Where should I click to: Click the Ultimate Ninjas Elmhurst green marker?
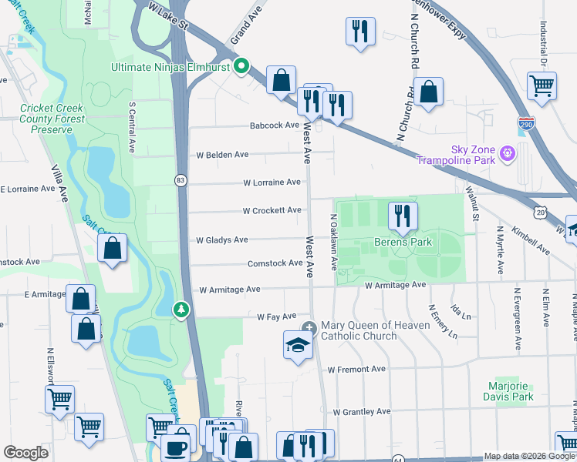pyautogui.click(x=241, y=67)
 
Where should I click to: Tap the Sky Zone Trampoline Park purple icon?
pyautogui.click(x=507, y=154)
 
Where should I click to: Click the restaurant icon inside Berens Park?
pyautogui.click(x=401, y=216)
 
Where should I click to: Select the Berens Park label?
pyautogui.click(x=403, y=243)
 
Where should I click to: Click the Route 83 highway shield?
pyautogui.click(x=181, y=180)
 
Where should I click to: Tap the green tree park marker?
pyautogui.click(x=181, y=309)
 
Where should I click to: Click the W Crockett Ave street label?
pyautogui.click(x=272, y=210)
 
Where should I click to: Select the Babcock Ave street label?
pyautogui.click(x=273, y=126)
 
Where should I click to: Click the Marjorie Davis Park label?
pyautogui.click(x=511, y=391)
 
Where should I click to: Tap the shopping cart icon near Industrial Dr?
pyautogui.click(x=542, y=85)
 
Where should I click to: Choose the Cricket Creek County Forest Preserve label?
pyautogui.click(x=51, y=119)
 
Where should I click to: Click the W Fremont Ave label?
pyautogui.click(x=356, y=370)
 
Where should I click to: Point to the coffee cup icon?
pyautogui.click(x=176, y=447)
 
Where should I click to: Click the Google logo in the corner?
pyautogui.click(x=26, y=453)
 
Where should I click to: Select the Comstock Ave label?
pyautogui.click(x=275, y=263)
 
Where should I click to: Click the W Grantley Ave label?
pyautogui.click(x=356, y=412)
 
